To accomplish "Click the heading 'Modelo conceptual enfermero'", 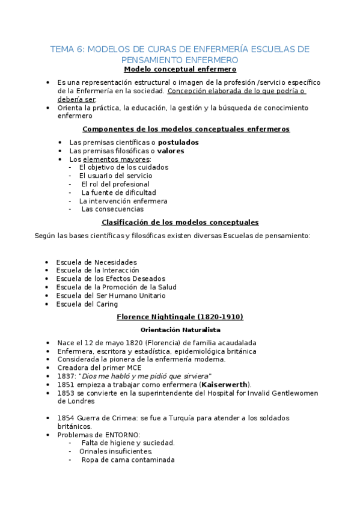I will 180,70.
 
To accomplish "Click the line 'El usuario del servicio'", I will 115,176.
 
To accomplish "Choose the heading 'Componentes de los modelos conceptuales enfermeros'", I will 185,129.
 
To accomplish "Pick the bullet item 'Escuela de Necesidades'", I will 96,262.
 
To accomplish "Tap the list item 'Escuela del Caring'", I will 87,304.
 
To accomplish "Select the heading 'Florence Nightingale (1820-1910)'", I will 180,317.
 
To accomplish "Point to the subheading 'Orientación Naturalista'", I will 180,330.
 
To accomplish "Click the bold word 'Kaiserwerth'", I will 225,385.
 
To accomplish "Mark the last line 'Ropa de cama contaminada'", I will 127,460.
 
